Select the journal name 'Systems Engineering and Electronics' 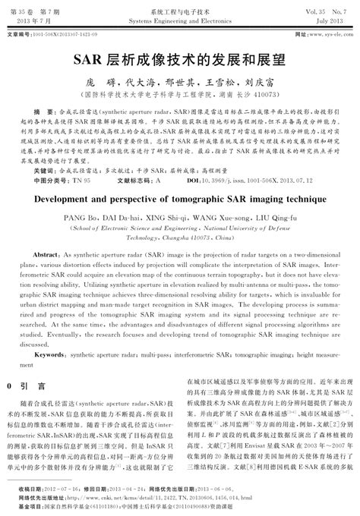pyautogui.click(x=179, y=21)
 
